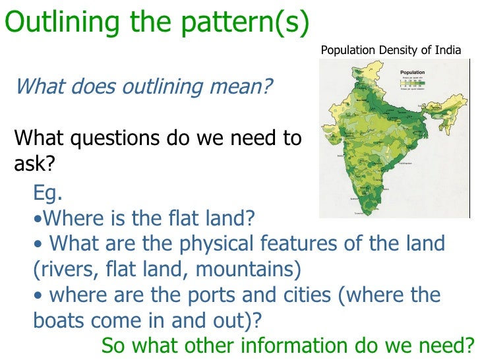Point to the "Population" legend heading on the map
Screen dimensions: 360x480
pos(412,72)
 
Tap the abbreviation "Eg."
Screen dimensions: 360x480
pos(47,194)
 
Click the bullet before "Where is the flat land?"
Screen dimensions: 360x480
pos(36,218)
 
